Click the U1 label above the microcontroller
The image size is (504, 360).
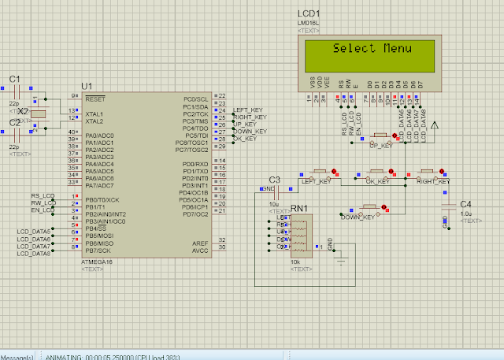[x=87, y=85]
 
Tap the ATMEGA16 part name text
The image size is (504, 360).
[x=96, y=261]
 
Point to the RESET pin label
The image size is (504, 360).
[x=95, y=99]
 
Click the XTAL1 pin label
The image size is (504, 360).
[x=94, y=113]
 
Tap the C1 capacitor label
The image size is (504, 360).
[x=14, y=78]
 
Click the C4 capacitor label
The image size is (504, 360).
[x=465, y=204]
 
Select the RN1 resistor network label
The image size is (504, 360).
[x=299, y=208]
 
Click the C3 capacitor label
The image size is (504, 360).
[x=274, y=180]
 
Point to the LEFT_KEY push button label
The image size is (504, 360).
[x=317, y=182]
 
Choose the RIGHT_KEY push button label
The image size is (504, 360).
[x=434, y=182]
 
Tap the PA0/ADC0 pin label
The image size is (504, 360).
[x=102, y=135]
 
